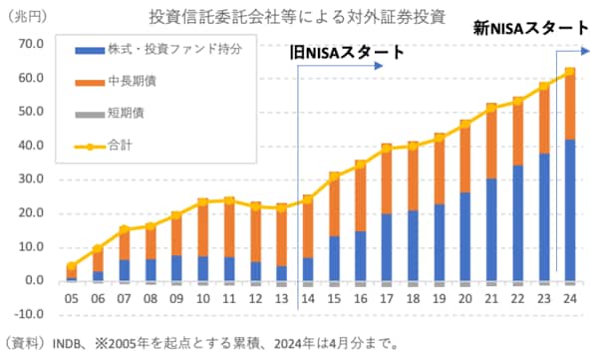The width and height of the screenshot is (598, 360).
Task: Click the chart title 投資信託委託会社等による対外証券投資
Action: click(x=297, y=17)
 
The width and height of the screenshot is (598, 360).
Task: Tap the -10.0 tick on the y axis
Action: click(x=29, y=315)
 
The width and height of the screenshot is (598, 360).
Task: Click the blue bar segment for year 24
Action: click(x=569, y=209)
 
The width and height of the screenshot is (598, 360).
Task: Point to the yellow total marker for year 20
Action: click(x=464, y=125)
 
